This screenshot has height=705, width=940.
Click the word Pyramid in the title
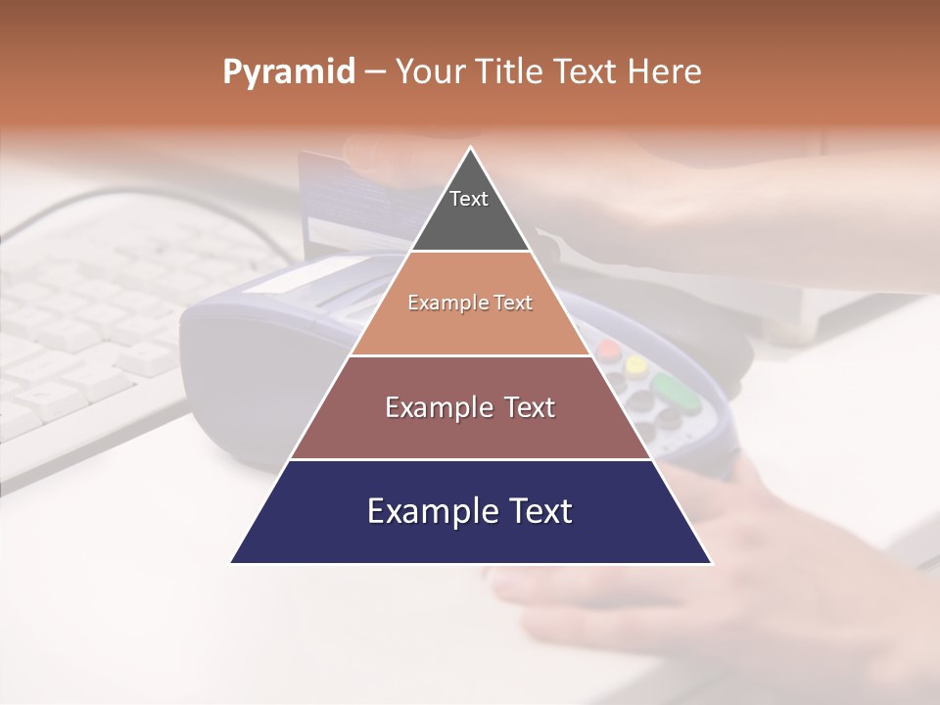click(288, 72)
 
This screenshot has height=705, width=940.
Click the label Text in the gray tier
click(468, 199)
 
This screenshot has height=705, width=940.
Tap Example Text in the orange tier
click(470, 303)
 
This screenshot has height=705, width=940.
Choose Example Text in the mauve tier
click(470, 407)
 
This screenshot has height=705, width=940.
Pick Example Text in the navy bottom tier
click(470, 511)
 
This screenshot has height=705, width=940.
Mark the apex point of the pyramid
click(471, 148)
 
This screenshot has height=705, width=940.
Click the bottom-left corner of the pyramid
click(231, 563)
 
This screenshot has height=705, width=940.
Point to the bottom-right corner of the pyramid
click(711, 563)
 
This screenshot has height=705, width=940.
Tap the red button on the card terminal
click(609, 350)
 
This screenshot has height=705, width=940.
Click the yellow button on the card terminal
click(636, 365)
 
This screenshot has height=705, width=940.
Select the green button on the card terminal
click(677, 391)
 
